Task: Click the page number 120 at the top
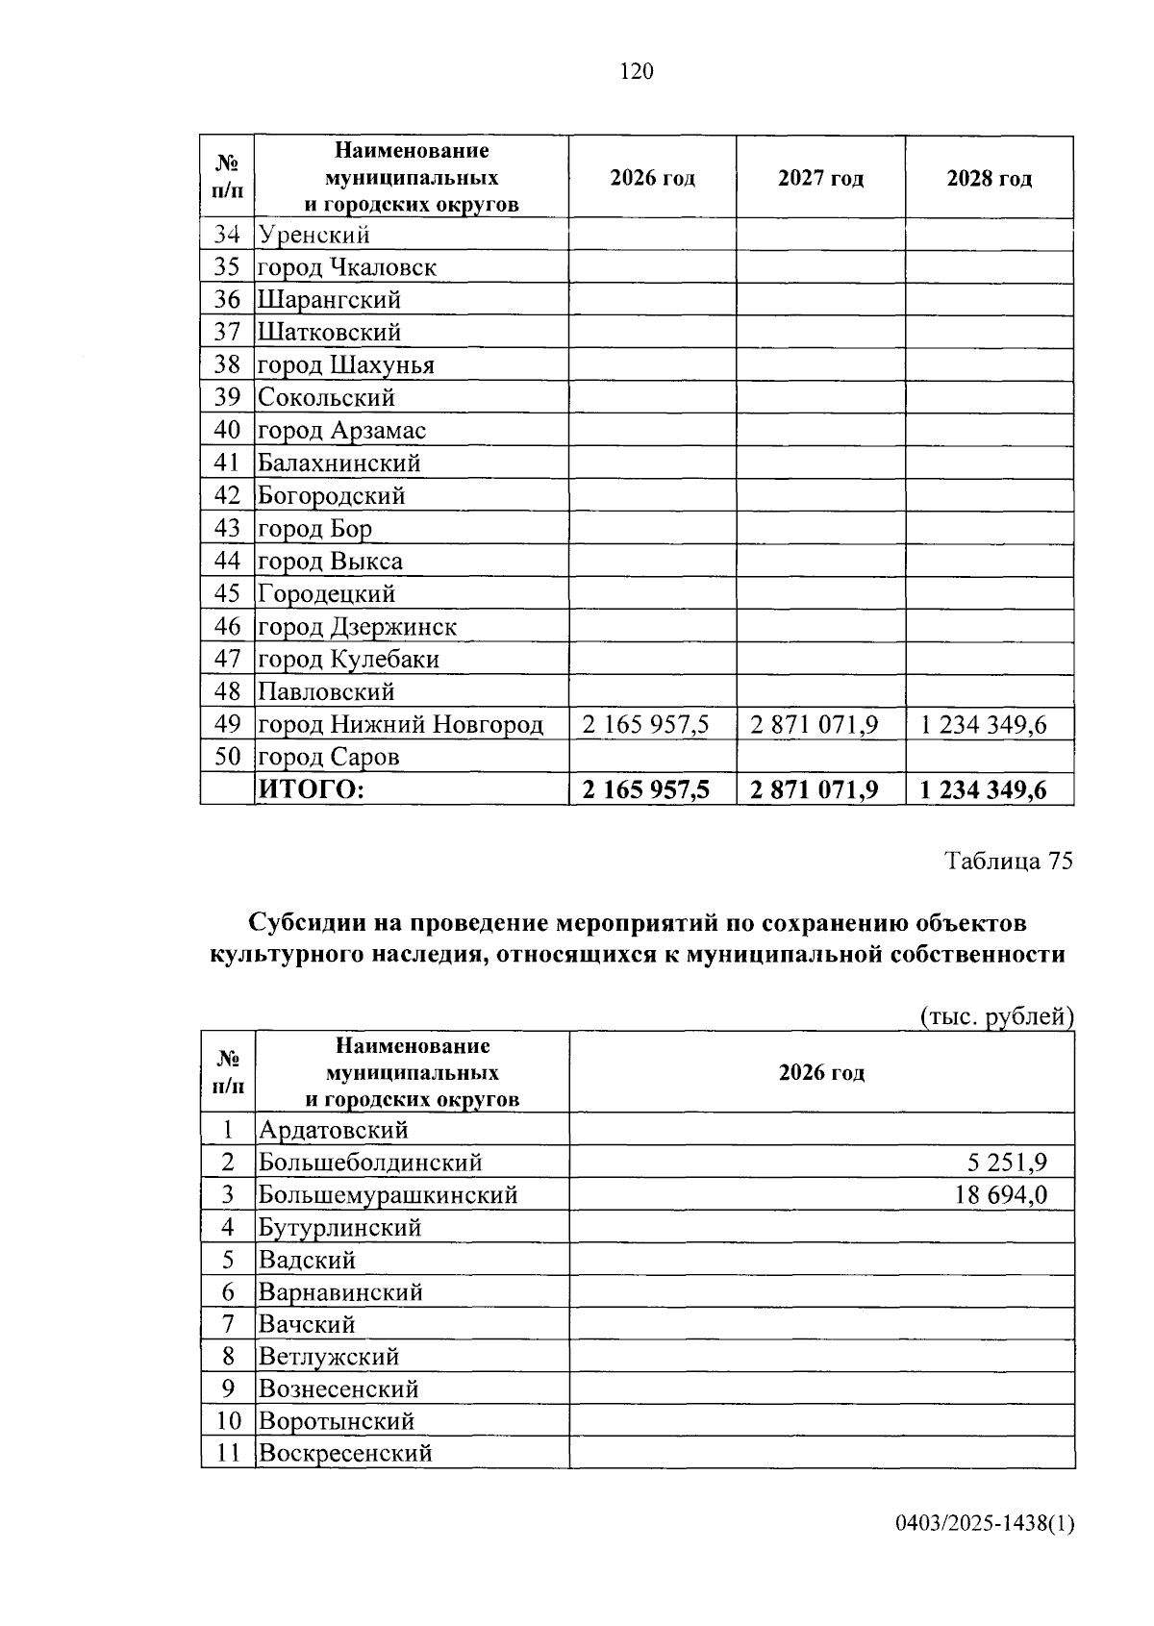637,73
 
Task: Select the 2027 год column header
820,179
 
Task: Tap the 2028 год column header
989,179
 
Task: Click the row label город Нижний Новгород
400,725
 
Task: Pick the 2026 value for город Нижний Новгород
645,725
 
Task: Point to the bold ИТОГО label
311,790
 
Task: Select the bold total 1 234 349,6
983,790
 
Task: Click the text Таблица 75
1008,862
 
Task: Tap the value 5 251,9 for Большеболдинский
1007,1163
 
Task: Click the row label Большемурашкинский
388,1195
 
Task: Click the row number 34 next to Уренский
227,236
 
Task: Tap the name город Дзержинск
357,627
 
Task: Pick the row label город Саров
328,758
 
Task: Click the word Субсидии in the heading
305,923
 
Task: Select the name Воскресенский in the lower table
345,1453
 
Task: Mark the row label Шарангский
329,300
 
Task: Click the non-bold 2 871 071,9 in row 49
814,725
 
